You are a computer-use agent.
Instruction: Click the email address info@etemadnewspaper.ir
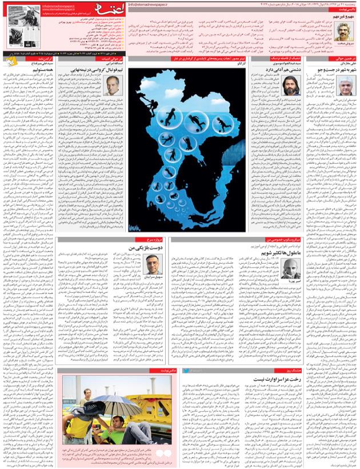click(x=149, y=4)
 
